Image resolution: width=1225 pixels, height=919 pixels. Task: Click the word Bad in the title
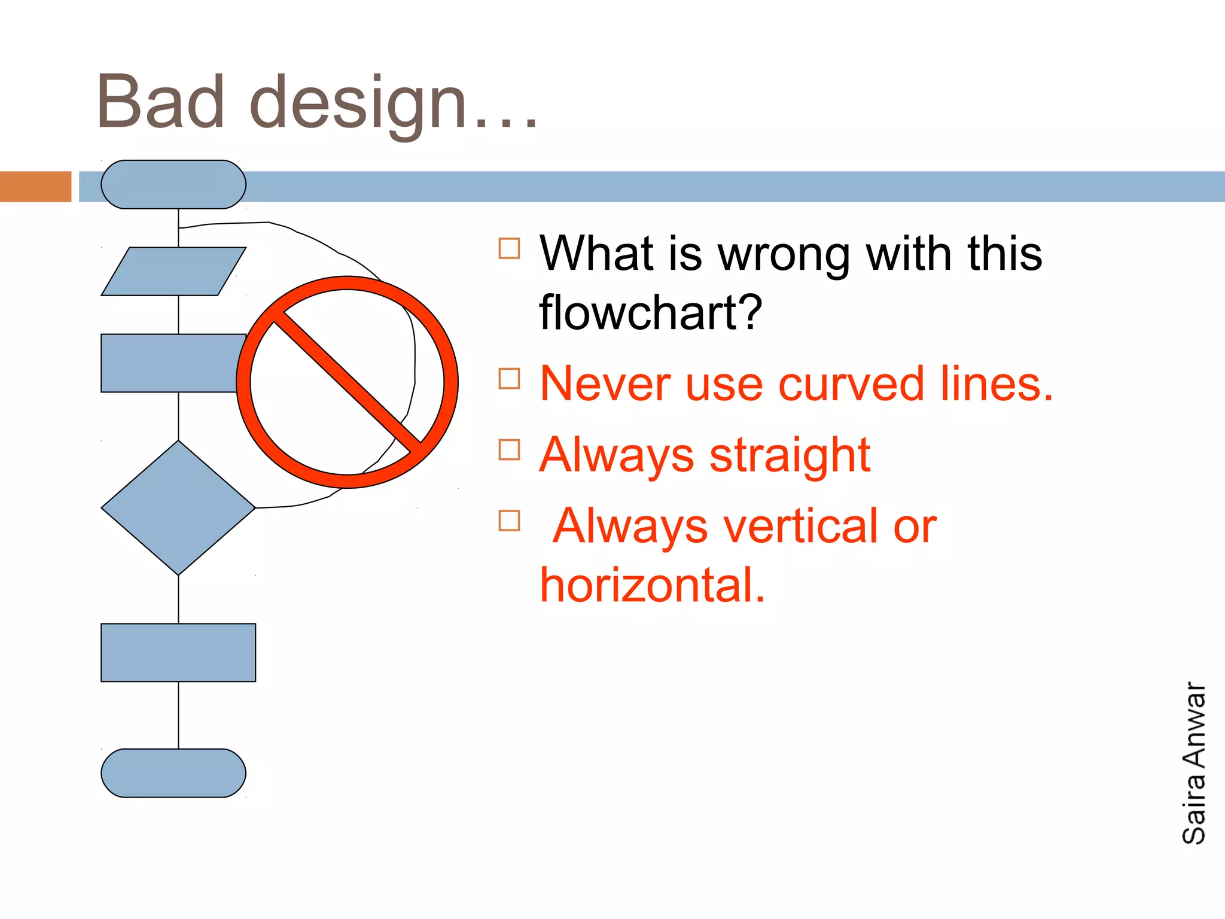[160, 103]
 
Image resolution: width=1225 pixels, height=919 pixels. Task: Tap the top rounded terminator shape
[173, 184]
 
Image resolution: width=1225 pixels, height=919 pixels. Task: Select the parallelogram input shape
[173, 271]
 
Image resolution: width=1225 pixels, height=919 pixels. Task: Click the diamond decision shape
[178, 508]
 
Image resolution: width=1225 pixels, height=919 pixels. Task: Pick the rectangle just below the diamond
[178, 652]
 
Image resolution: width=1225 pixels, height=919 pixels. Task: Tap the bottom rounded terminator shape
[173, 773]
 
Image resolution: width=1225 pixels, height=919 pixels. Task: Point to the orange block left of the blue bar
[35, 187]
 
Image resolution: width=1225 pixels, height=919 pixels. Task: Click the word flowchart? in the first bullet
[651, 313]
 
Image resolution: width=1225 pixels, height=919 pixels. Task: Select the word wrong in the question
[784, 254]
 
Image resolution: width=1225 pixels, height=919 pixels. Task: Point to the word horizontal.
[652, 585]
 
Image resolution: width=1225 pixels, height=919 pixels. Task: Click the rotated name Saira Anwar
[1194, 763]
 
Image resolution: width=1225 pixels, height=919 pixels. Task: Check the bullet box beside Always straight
[509, 450]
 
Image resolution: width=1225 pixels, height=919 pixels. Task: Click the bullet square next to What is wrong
[509, 248]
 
